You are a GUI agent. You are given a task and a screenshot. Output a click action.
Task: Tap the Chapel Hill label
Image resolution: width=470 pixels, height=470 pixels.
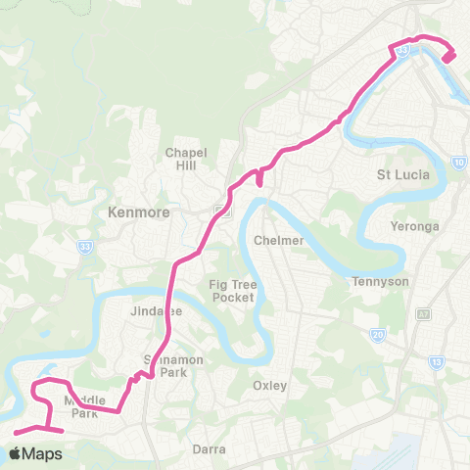pyautogui.click(x=187, y=160)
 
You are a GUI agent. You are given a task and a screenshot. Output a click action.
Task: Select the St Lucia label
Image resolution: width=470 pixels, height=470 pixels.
pyautogui.click(x=399, y=176)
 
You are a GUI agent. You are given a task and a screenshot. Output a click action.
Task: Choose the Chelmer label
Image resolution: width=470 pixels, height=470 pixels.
pyautogui.click(x=273, y=240)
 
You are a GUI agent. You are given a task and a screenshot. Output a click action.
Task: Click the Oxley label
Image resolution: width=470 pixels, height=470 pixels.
pyautogui.click(x=269, y=385)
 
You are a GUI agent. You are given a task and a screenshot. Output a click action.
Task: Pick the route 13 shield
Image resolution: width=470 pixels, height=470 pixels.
pyautogui.click(x=436, y=362)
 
